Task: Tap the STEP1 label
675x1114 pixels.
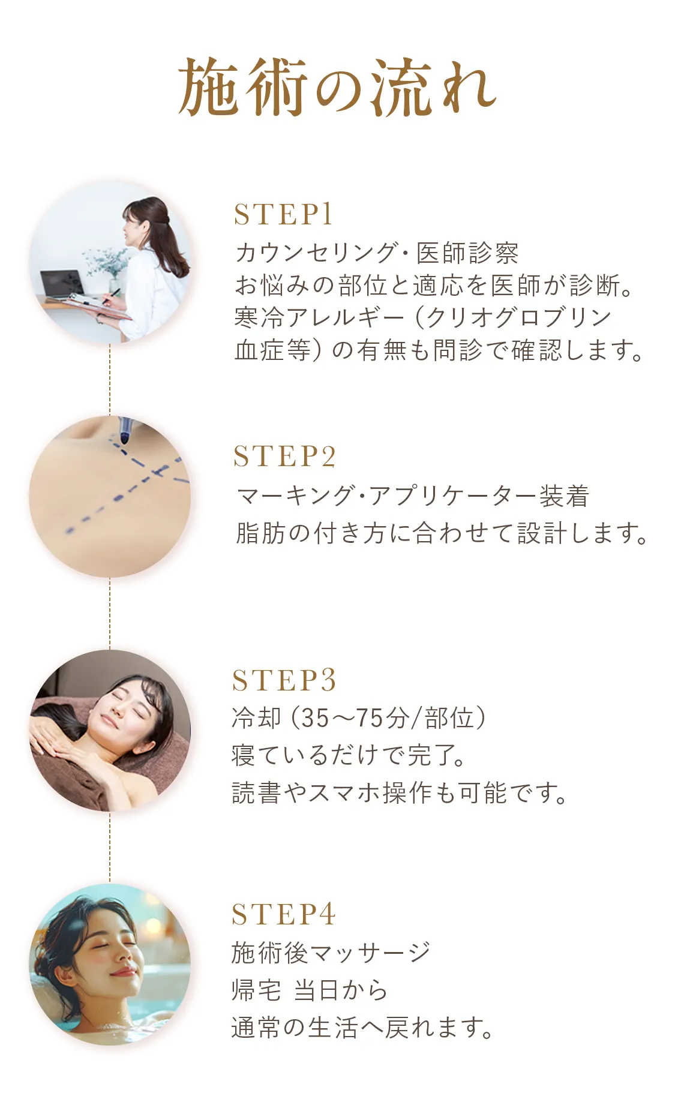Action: point(283,215)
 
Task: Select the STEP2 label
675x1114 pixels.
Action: point(284,457)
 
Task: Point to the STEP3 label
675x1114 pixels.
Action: point(284,681)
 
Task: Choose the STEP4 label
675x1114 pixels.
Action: point(283,915)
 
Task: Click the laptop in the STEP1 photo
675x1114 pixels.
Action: point(61,284)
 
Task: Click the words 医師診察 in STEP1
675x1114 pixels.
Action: point(467,253)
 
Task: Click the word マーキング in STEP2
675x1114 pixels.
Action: point(295,496)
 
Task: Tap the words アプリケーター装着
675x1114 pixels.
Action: point(479,496)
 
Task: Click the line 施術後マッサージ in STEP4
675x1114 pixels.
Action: point(331,953)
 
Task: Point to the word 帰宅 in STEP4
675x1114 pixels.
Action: point(256,990)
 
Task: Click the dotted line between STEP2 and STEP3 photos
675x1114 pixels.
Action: point(110,612)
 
